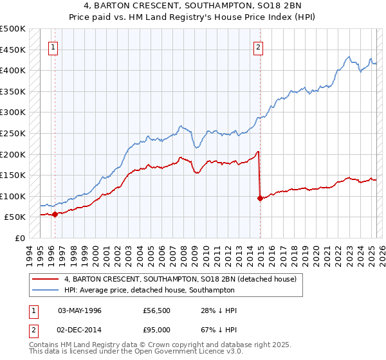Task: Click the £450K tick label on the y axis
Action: [13, 50]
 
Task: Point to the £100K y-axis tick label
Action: [13, 196]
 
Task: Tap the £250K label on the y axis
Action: [13, 133]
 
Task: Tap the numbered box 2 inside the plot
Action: [258, 46]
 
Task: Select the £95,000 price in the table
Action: [157, 329]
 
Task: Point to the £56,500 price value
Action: [157, 310]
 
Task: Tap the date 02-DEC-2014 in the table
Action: [80, 329]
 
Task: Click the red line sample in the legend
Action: [46, 280]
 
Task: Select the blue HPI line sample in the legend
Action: [46, 290]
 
